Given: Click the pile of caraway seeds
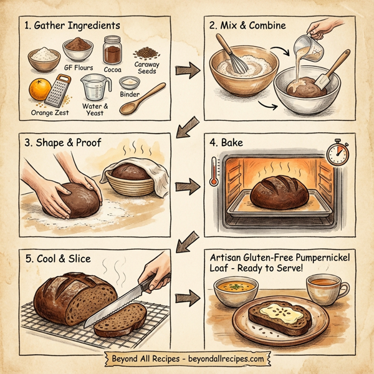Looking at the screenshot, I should point(147,50).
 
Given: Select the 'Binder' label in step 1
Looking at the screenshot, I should point(129,95).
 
